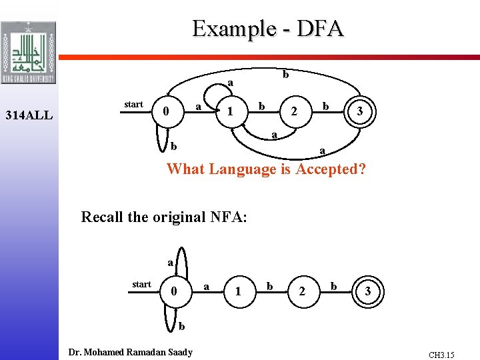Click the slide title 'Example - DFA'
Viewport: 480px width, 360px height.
tap(267, 29)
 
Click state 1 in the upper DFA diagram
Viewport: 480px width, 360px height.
tap(229, 112)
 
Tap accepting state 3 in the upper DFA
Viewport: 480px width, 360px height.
tap(359, 112)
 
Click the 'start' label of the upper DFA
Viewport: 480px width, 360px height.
tap(133, 104)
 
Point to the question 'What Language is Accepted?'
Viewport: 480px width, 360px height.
tap(267, 169)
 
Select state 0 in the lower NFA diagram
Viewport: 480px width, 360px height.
tap(173, 291)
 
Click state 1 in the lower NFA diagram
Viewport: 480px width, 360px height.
tap(238, 291)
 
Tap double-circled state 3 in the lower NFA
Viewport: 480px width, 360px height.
tap(368, 291)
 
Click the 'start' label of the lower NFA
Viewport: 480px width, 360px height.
tap(141, 284)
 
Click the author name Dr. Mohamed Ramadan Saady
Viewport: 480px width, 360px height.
tap(131, 352)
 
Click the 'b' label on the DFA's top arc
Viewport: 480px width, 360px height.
tap(285, 75)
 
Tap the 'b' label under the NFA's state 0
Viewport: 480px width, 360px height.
tap(181, 326)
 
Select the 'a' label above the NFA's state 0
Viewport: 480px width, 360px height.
tap(170, 263)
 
